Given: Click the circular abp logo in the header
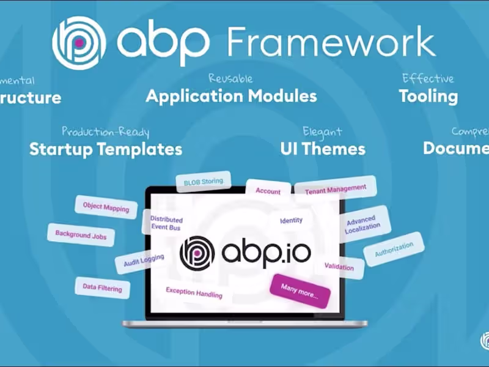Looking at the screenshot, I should click(79, 42).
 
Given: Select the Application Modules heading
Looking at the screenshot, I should click(231, 96).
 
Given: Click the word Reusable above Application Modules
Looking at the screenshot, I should click(230, 79).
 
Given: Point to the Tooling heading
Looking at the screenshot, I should click(428, 96).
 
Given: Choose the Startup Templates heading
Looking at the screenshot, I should click(106, 149).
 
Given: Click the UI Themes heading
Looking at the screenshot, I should click(323, 149).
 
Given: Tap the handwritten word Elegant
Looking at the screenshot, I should click(322, 132).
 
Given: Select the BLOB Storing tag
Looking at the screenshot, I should click(204, 181).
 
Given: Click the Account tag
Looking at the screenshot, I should click(268, 190).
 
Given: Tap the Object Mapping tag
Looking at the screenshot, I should click(106, 207).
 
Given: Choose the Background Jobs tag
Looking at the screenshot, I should click(81, 234).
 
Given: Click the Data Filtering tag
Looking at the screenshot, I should click(102, 288).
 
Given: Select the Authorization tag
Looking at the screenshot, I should click(394, 248).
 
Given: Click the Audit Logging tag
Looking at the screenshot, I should click(144, 261).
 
